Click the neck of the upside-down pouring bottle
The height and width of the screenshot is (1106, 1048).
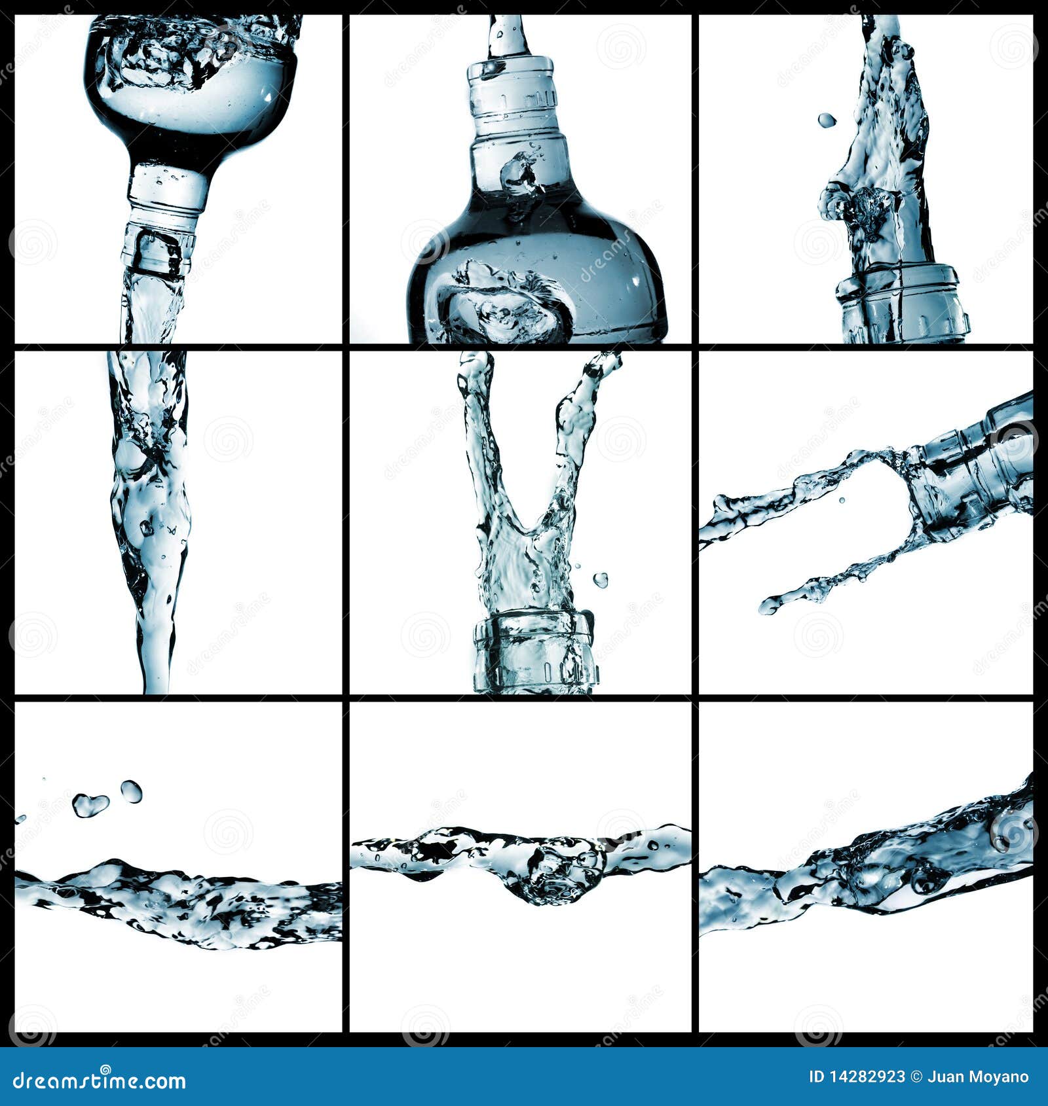167,190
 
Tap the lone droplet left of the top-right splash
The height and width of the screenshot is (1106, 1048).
827,120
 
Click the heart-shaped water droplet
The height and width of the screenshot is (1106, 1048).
90,804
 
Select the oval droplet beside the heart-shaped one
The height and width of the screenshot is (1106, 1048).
131,791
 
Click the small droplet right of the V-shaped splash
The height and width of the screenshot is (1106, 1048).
600,580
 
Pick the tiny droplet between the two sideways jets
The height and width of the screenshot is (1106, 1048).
842,501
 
